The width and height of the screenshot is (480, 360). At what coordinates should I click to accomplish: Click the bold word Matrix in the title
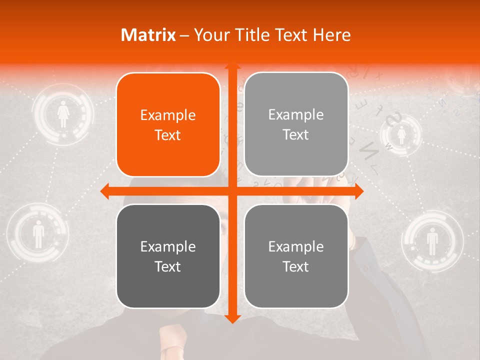pos(148,35)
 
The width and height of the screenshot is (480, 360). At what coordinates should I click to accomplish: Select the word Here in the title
pos(331,35)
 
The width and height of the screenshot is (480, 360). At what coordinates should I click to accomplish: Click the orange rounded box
pos(168,124)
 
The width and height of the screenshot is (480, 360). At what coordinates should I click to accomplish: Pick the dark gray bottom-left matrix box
pos(168,256)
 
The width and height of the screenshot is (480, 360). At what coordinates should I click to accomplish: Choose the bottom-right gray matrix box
pos(296,256)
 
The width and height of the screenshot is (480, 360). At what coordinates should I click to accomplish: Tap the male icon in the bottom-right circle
pos(432,241)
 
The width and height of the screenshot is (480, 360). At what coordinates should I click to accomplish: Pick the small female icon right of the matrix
pos(401,134)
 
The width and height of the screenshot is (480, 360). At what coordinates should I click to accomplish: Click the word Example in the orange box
pos(168,115)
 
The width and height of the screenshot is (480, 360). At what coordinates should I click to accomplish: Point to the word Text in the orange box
pos(168,135)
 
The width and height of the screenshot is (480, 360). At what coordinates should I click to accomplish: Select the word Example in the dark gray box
pos(168,246)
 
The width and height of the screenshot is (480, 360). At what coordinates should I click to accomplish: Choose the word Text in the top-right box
pos(296,134)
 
